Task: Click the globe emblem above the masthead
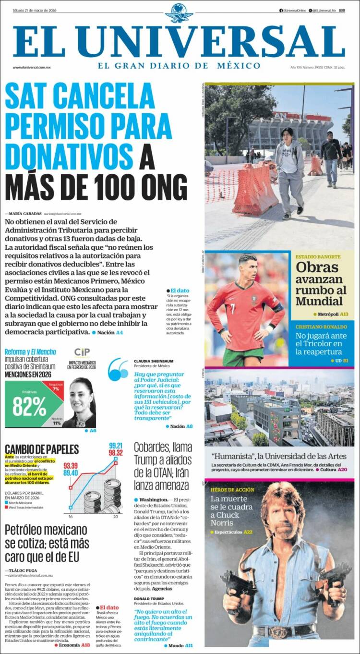[x=179, y=12]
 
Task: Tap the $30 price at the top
[x=341, y=10]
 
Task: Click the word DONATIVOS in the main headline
[x=69, y=155]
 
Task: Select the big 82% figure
[x=29, y=406]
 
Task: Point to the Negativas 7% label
[x=56, y=386]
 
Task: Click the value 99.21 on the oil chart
[x=116, y=445]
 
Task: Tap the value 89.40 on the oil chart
[x=71, y=473]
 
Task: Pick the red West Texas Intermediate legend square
[x=7, y=507]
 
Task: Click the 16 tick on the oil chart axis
[x=71, y=517]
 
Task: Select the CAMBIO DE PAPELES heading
[x=42, y=449]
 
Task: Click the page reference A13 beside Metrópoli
[x=344, y=314]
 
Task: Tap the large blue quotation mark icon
[x=118, y=370]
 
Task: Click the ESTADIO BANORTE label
[x=318, y=257]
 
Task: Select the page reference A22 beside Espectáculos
[x=248, y=532]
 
